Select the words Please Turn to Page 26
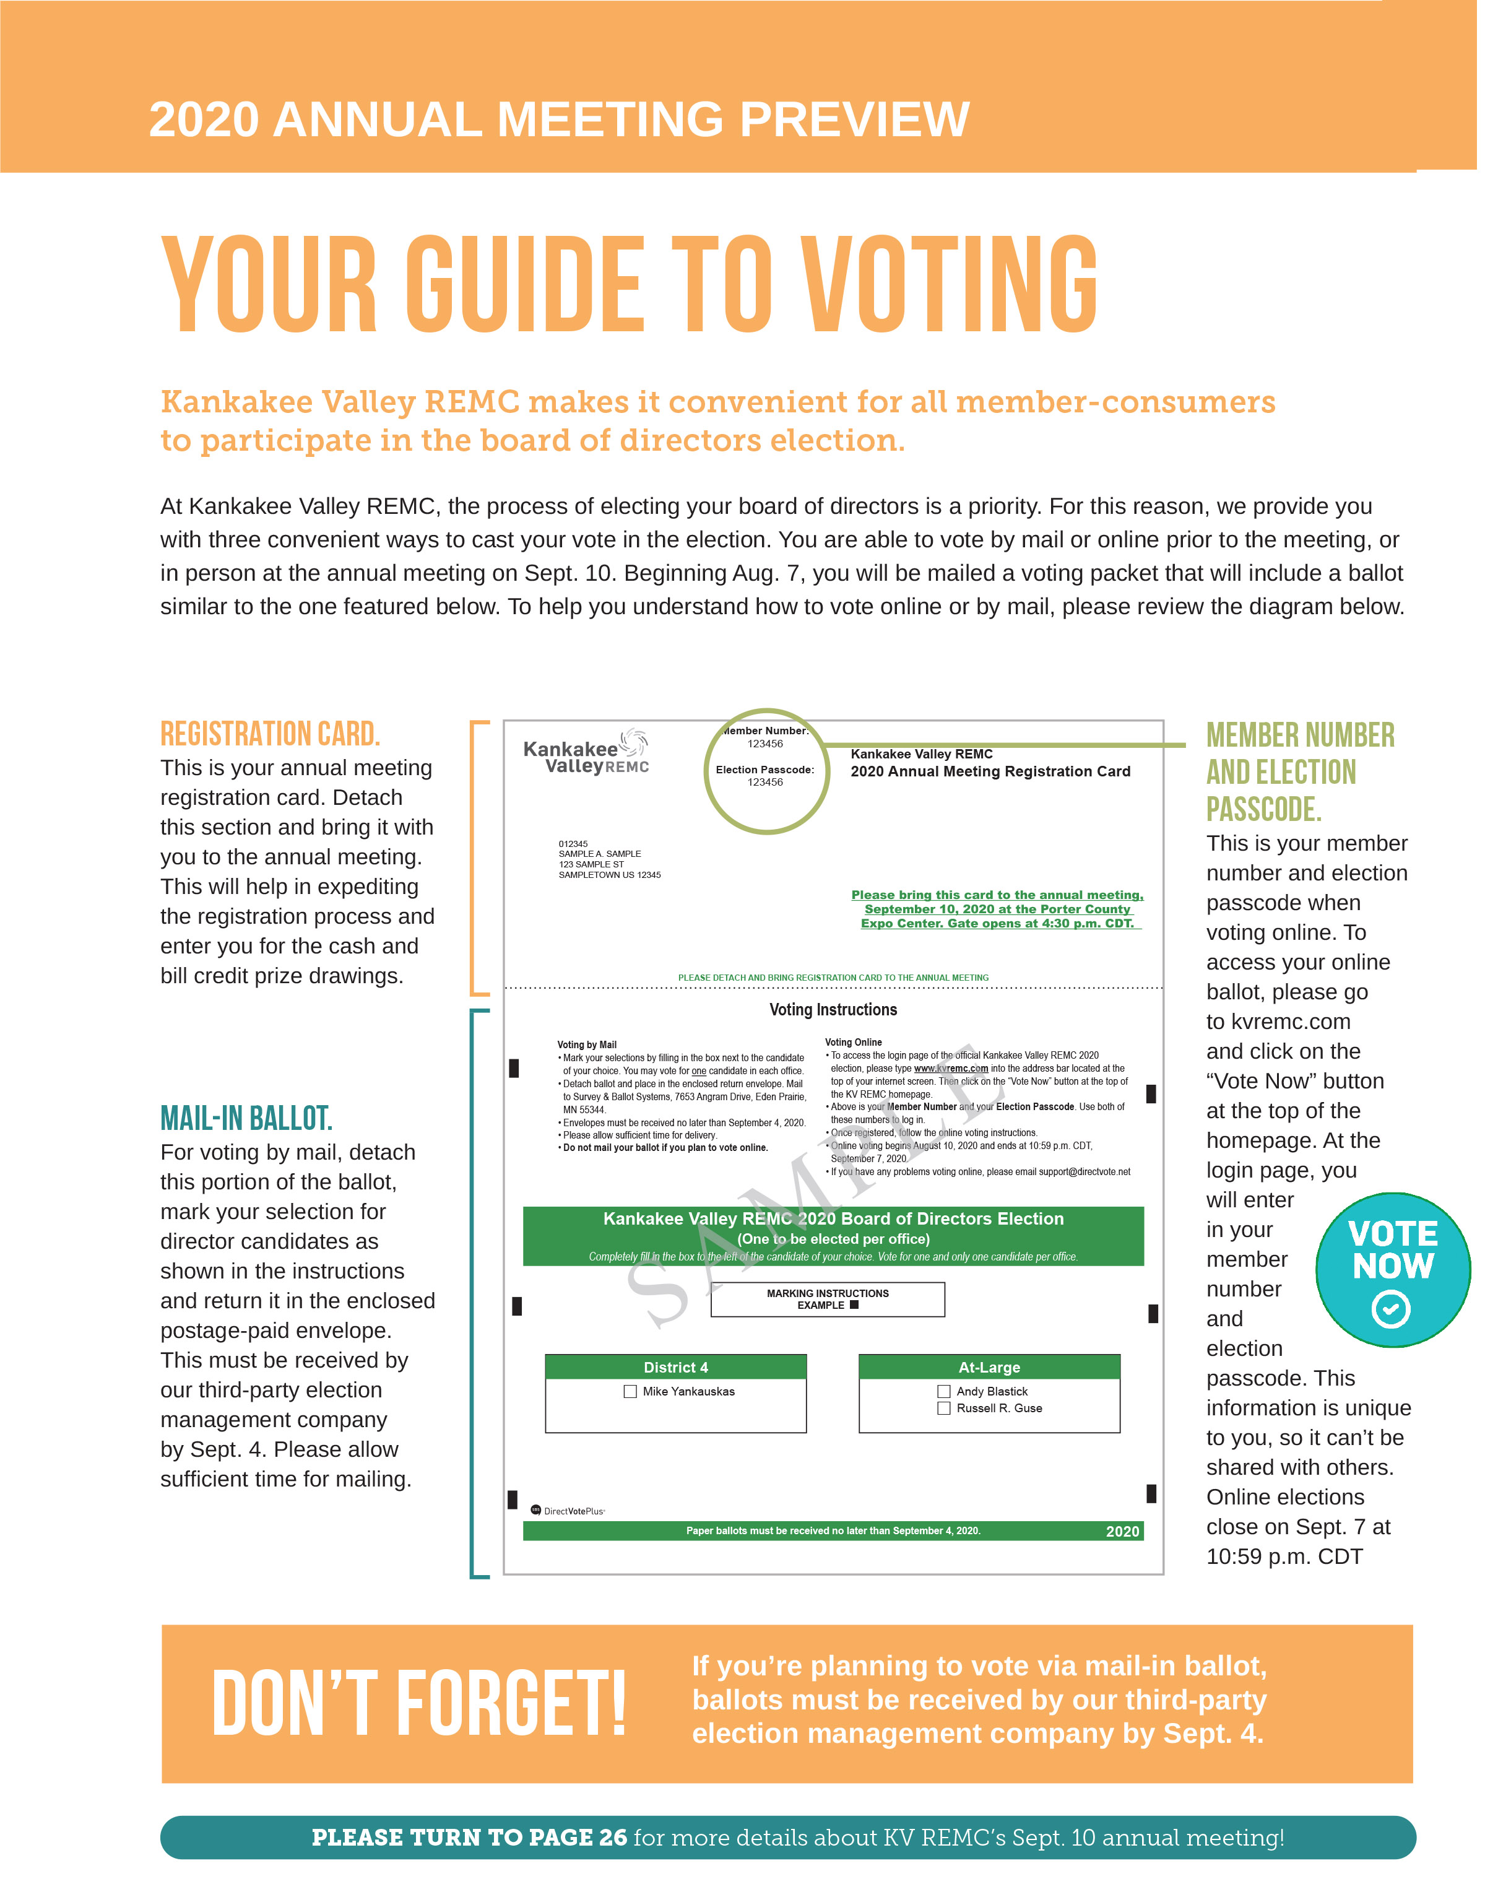click(476, 1863)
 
